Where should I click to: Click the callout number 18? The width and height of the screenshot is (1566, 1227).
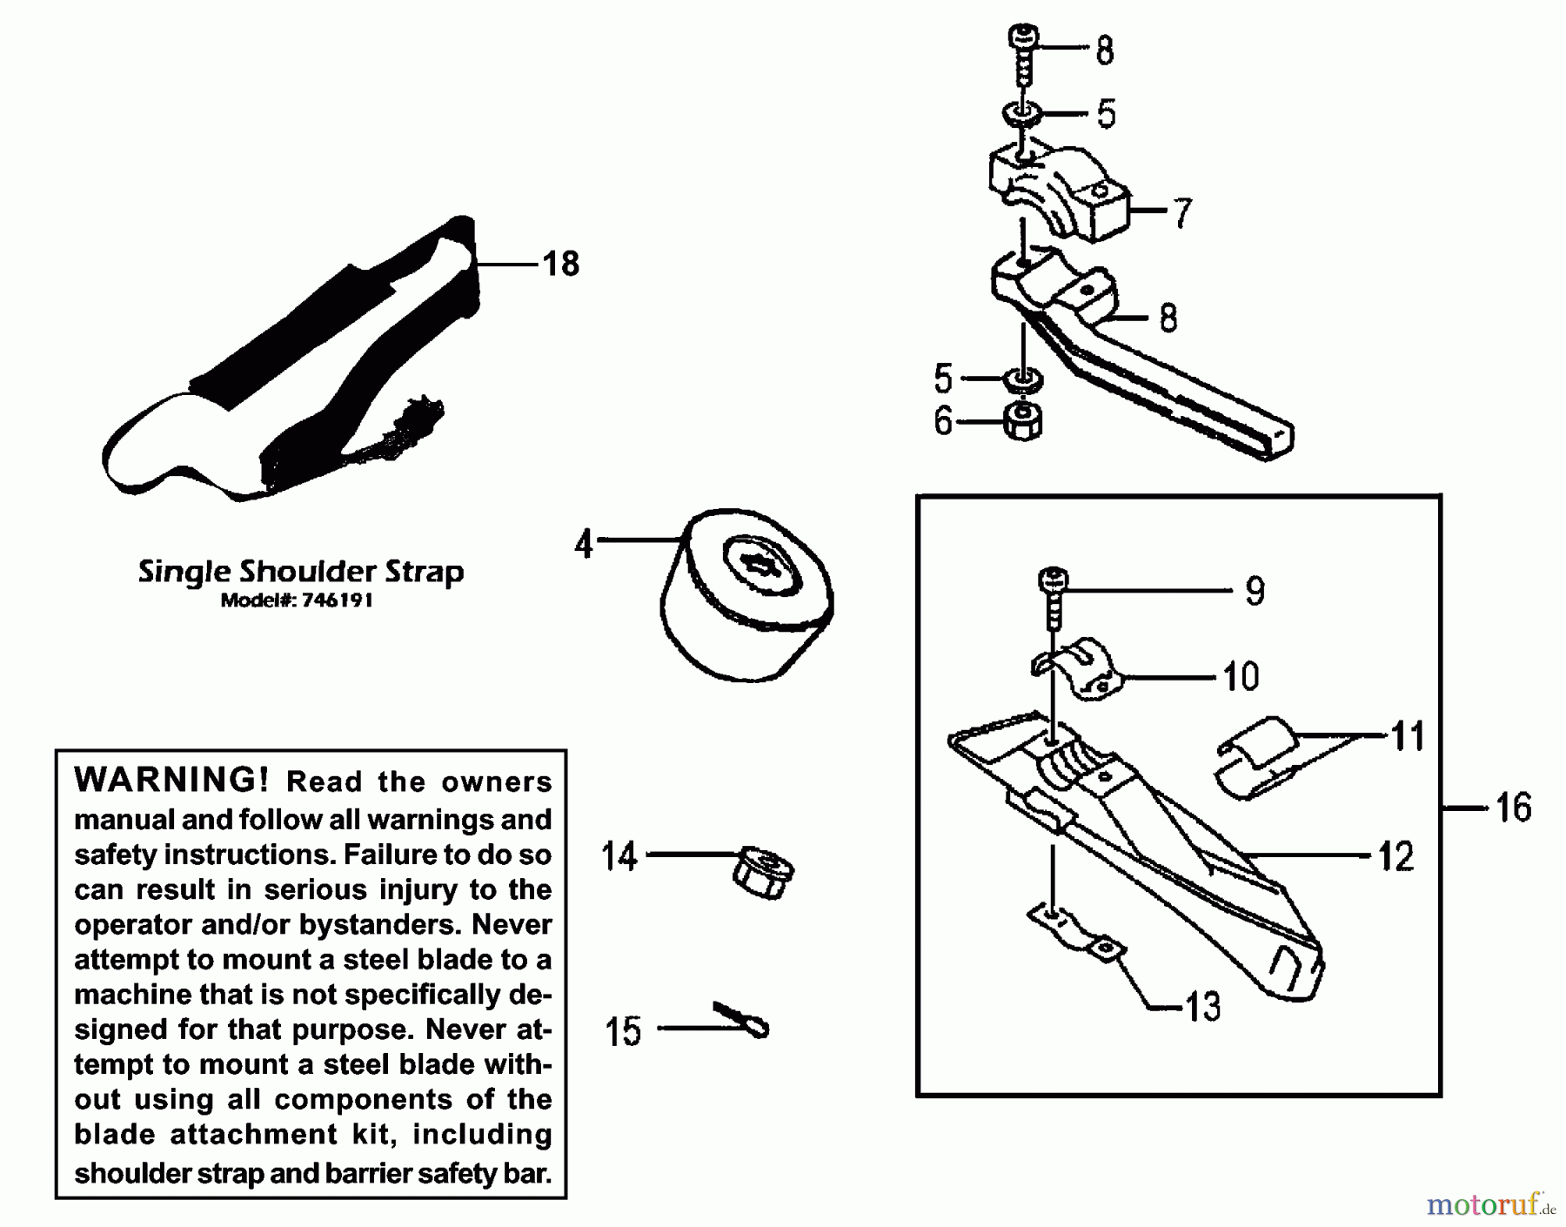pyautogui.click(x=560, y=263)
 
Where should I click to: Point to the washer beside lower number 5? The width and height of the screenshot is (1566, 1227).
pyautogui.click(x=1022, y=379)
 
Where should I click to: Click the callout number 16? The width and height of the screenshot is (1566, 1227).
pyautogui.click(x=1513, y=808)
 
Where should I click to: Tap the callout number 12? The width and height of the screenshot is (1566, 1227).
pyautogui.click(x=1396, y=856)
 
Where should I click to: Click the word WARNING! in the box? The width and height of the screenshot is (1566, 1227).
pyautogui.click(x=171, y=779)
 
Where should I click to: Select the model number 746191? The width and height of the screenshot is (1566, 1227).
pyautogui.click(x=338, y=600)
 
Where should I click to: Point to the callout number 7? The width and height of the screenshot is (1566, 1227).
pyautogui.click(x=1181, y=213)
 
